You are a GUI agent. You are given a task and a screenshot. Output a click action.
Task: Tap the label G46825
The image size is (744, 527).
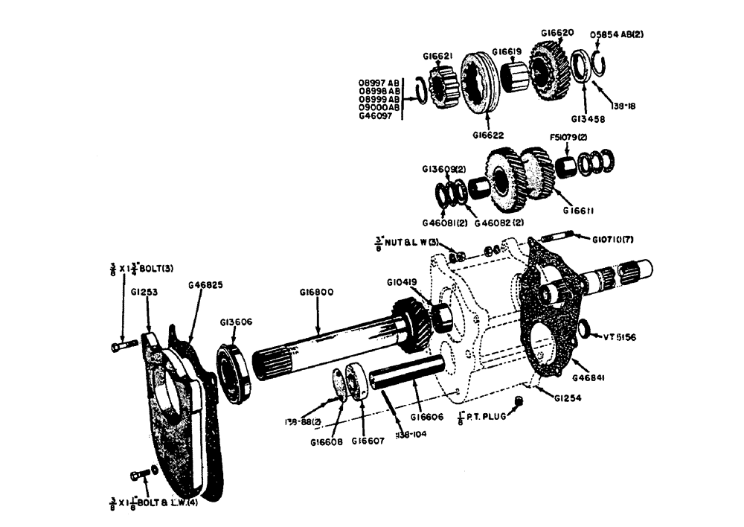[x=205, y=285]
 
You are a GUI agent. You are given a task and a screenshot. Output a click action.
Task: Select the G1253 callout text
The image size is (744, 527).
[x=147, y=293]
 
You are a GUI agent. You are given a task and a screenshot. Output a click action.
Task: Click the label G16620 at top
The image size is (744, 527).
[x=557, y=33]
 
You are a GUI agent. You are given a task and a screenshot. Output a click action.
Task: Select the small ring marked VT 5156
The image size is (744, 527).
[x=585, y=328]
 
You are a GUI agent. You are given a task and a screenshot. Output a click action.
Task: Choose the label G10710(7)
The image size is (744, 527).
[x=613, y=239]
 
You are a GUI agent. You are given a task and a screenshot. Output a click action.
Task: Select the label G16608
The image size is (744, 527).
[x=326, y=440]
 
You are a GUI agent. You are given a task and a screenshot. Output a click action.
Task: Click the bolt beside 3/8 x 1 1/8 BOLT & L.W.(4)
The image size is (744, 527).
[x=139, y=475]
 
